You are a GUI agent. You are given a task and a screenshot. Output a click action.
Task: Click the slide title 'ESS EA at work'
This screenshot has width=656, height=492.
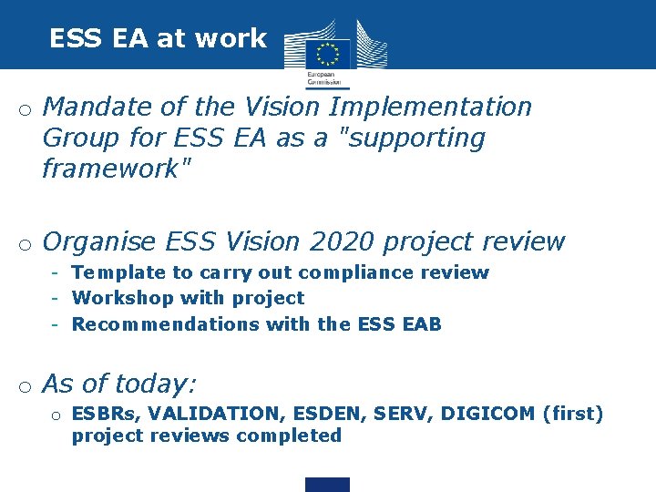pos(158,38)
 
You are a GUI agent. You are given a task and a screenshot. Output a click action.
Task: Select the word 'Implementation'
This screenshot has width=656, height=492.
pos(430,107)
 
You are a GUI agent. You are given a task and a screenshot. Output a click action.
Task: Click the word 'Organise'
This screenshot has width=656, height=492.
pos(99,242)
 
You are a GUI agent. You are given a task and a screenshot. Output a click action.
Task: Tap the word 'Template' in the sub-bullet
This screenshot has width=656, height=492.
pos(118,272)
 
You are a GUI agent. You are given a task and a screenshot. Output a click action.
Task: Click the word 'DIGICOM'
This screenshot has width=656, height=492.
pos(487,414)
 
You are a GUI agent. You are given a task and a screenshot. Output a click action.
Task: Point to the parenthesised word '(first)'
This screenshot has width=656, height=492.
pos(573,414)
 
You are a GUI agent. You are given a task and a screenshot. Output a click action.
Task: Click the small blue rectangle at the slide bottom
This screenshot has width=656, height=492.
pos(327,485)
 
